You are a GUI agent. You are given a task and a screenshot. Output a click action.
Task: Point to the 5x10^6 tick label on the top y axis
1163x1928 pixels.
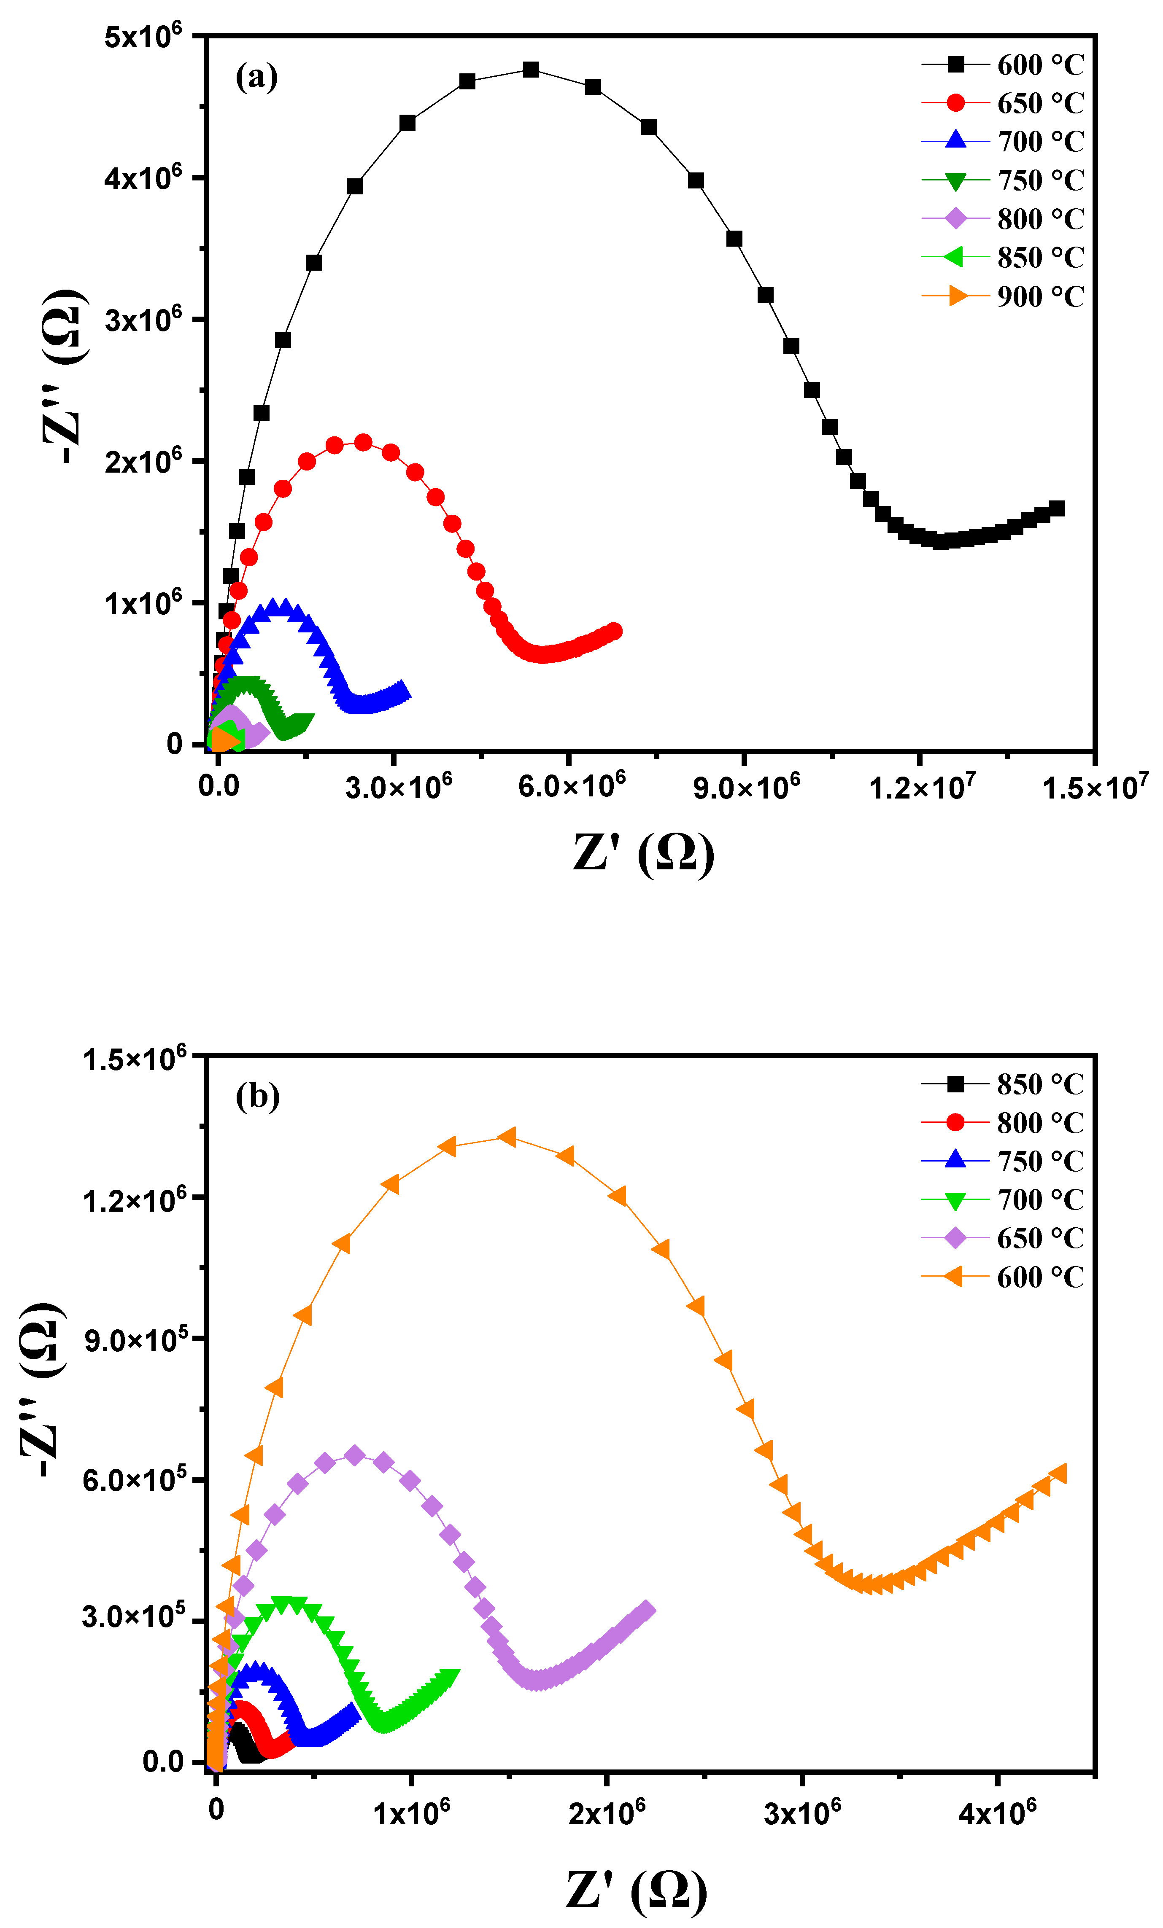tap(143, 36)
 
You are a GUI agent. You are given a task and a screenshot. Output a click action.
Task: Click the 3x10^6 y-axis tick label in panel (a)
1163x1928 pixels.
tap(143, 319)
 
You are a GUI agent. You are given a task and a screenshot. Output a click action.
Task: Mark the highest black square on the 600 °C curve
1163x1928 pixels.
tap(531, 70)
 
